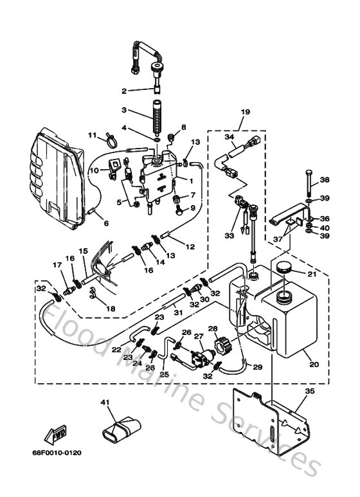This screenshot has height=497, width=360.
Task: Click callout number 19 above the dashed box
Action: coord(245,112)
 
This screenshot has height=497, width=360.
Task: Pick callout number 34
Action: coord(229,136)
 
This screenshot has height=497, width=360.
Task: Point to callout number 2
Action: coord(125,91)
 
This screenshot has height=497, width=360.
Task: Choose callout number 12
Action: coord(191,246)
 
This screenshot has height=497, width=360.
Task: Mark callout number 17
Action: coord(57,265)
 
